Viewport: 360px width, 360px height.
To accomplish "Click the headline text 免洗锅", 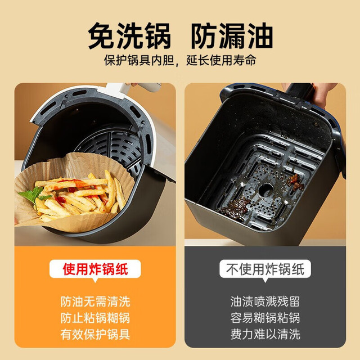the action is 129,36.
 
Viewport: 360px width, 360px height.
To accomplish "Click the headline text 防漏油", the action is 232,36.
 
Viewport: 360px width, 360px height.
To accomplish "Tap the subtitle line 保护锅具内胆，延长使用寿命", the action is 180,60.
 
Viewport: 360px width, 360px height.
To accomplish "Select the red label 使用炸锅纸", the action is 95,269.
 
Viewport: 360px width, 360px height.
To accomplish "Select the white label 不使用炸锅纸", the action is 265,269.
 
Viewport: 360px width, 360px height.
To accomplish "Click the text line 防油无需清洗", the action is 95,301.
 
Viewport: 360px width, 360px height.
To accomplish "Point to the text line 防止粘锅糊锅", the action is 95,318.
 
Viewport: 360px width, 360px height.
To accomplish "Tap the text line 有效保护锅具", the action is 95,334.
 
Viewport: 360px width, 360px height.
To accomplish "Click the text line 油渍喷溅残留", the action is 265,301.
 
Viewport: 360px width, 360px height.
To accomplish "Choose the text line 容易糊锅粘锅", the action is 265,318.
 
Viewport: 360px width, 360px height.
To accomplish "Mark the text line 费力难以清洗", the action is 265,334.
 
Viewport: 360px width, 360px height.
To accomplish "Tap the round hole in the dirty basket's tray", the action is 266,190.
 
